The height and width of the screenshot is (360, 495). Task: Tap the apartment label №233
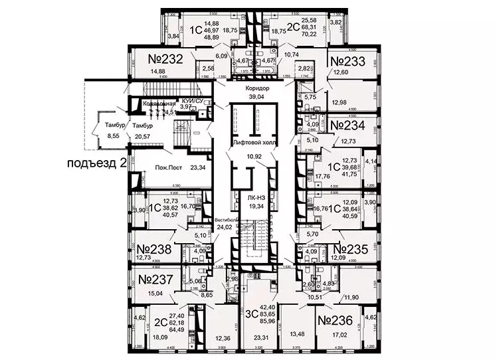click(x=349, y=62)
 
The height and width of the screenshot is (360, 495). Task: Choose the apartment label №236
click(x=336, y=320)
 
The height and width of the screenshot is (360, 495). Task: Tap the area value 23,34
click(x=197, y=169)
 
